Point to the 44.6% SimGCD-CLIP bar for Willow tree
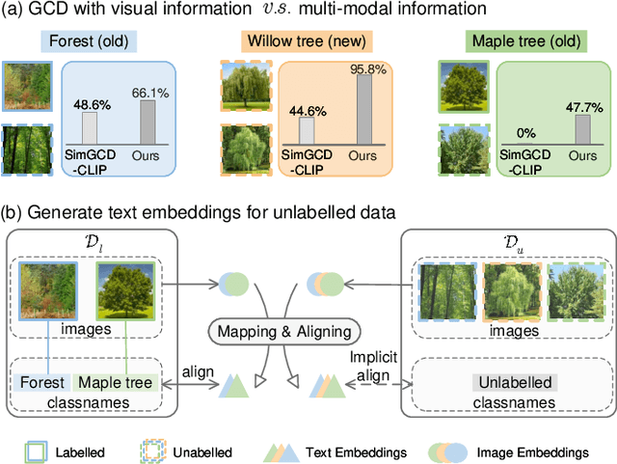click(x=307, y=130)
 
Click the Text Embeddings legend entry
click(x=346, y=450)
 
